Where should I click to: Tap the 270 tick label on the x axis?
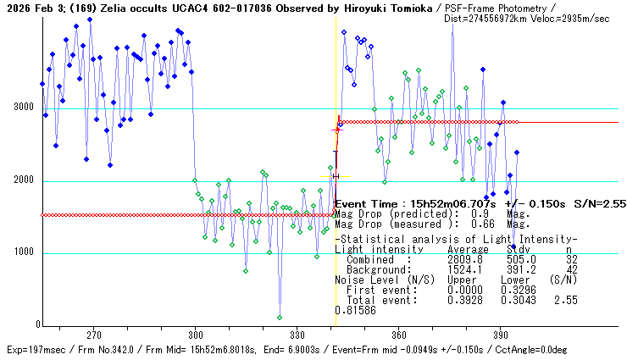click(x=93, y=335)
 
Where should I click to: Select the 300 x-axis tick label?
click(x=195, y=335)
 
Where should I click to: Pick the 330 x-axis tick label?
click(x=297, y=335)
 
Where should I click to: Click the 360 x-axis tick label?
click(x=398, y=335)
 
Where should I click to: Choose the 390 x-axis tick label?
click(x=500, y=335)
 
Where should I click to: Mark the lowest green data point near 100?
click(x=280, y=318)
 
